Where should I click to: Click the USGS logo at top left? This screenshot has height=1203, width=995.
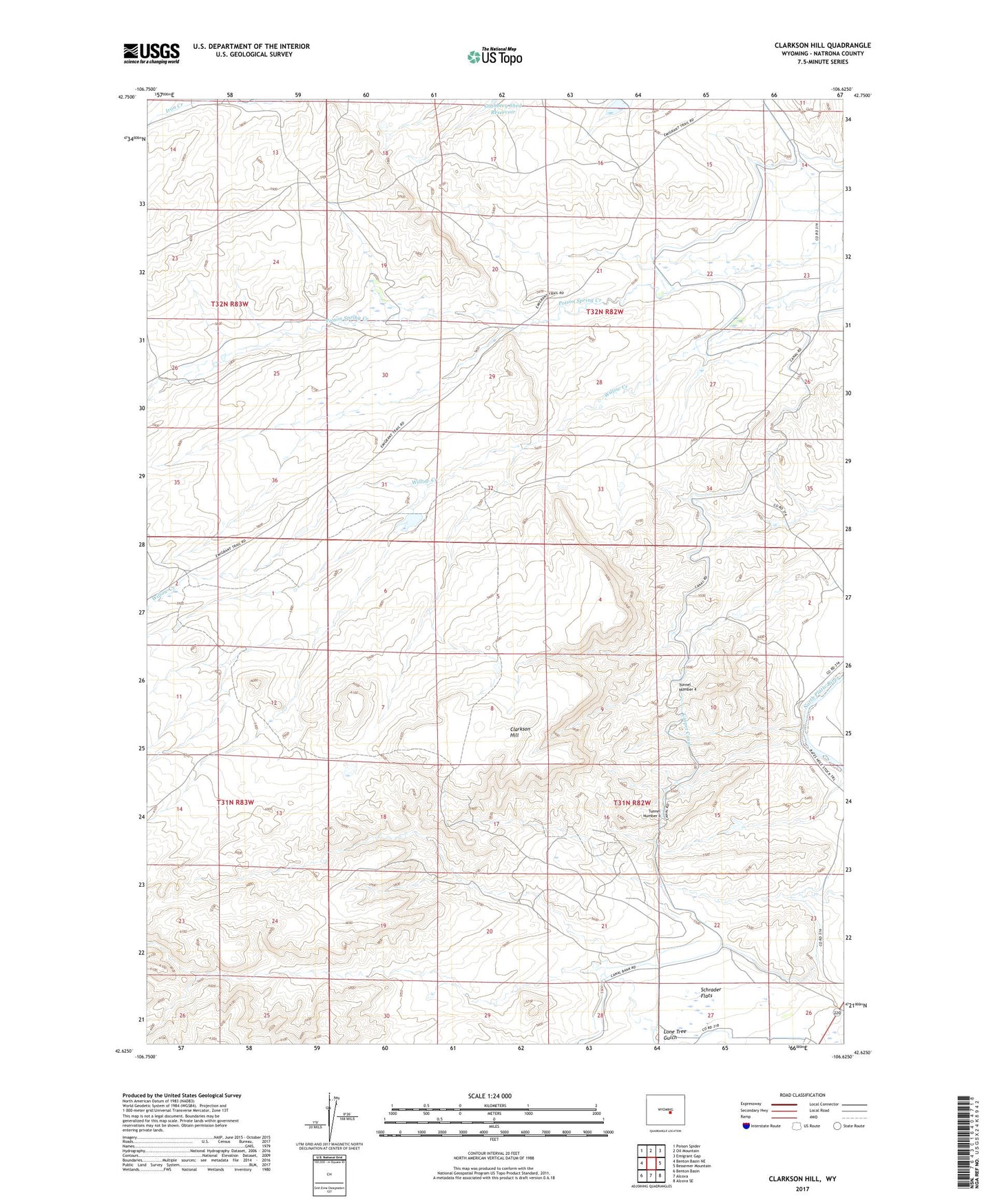point(151,53)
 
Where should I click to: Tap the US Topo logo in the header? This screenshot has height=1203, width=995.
point(494,56)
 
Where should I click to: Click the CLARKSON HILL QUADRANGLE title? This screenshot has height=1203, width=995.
point(822,45)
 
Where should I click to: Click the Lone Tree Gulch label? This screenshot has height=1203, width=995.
point(674,1034)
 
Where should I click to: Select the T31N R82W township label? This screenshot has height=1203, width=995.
point(631,803)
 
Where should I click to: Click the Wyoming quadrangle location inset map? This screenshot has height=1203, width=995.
point(665,1111)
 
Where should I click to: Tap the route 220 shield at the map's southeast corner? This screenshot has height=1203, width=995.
point(837,1013)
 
